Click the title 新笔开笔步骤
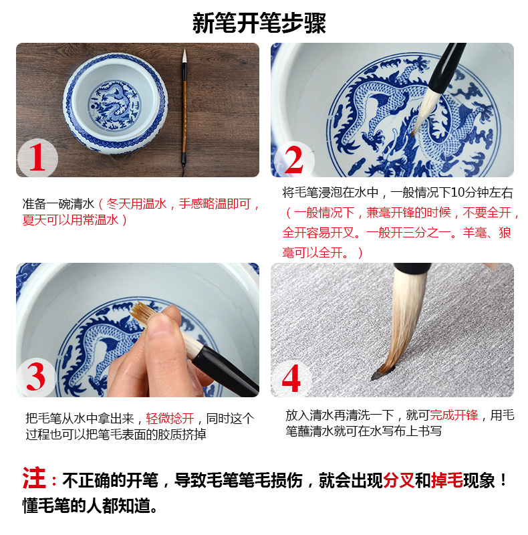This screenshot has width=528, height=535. (259, 23)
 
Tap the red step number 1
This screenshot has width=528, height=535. (37, 157)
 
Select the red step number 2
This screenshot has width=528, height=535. (293, 159)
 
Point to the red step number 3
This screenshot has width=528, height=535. (36, 377)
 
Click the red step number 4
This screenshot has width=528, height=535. (291, 378)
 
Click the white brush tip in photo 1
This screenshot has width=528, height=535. (184, 56)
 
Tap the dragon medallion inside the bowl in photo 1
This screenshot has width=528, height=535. (114, 105)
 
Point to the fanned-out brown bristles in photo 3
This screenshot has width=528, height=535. (142, 313)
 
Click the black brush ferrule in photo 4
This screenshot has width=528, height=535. (412, 268)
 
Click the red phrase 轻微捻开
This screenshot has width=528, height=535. (170, 419)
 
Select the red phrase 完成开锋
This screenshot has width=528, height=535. (454, 415)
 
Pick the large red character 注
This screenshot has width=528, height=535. (34, 478)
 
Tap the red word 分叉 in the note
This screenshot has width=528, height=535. (399, 480)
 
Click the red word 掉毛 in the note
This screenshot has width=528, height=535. (447, 480)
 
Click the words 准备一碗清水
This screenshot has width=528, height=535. (58, 204)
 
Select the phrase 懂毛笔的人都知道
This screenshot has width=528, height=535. (87, 506)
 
